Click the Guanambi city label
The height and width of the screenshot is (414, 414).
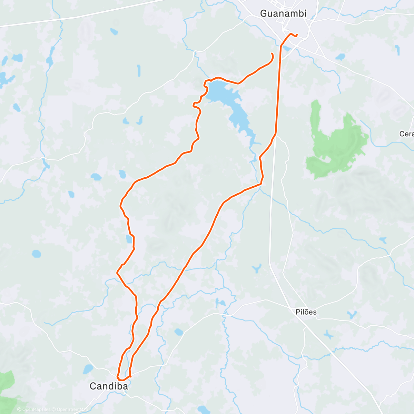[x=283, y=13]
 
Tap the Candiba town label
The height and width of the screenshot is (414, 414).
[x=109, y=386]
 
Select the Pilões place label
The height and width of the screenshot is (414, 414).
[x=306, y=312]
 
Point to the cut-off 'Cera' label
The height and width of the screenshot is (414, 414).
[x=407, y=134]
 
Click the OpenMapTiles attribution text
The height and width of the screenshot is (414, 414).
[x=36, y=410]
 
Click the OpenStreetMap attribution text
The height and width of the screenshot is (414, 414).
[x=72, y=410]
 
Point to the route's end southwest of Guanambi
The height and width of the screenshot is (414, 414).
[x=272, y=53]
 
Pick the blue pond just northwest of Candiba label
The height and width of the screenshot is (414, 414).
[x=88, y=369]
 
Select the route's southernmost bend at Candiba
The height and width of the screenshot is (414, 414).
[x=122, y=380]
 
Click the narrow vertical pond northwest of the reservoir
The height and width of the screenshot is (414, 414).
[x=139, y=70]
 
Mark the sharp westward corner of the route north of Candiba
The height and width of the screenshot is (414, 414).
[x=117, y=273]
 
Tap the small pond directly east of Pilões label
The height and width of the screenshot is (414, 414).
[x=352, y=314]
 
